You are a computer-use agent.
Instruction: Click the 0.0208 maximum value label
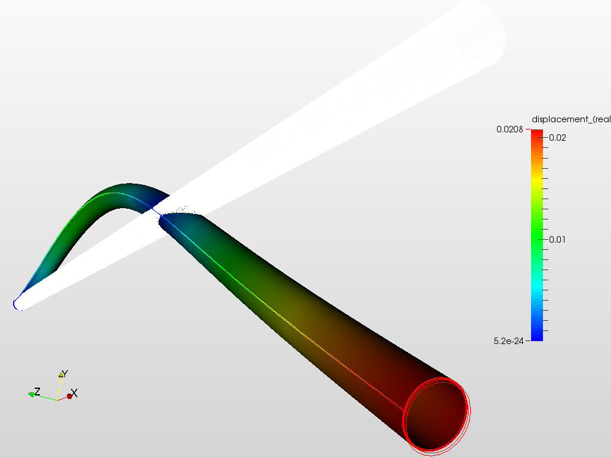(510, 129)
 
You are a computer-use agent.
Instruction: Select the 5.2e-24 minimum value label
(510, 341)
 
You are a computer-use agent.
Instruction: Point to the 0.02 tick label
(557, 137)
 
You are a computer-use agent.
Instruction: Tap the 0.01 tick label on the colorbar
(557, 239)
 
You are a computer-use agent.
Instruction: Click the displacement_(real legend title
(570, 119)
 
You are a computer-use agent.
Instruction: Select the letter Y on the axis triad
(65, 374)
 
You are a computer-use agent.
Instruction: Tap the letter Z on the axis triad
(37, 392)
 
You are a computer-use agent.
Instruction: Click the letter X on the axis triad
(75, 394)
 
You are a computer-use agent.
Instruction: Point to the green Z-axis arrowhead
(30, 394)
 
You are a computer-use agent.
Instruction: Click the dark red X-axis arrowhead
(69, 396)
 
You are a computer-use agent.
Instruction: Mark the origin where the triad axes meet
(58, 399)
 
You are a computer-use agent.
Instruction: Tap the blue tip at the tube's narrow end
(15, 304)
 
